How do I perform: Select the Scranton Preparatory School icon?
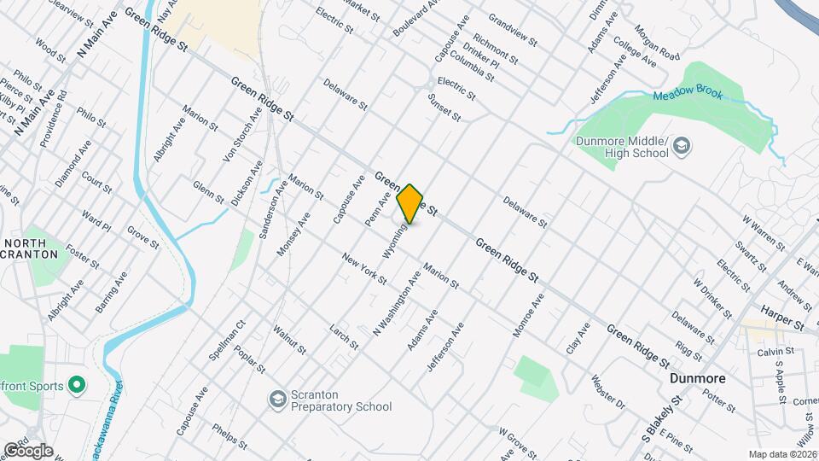coord(276,400)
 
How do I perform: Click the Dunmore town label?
coord(697,378)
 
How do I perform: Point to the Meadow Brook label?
coord(688,95)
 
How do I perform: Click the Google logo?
coord(28,451)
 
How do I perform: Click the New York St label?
coord(363,268)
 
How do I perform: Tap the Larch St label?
coord(343,336)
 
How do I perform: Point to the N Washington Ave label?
coord(398,302)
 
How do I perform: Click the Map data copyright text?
coord(781,454)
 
